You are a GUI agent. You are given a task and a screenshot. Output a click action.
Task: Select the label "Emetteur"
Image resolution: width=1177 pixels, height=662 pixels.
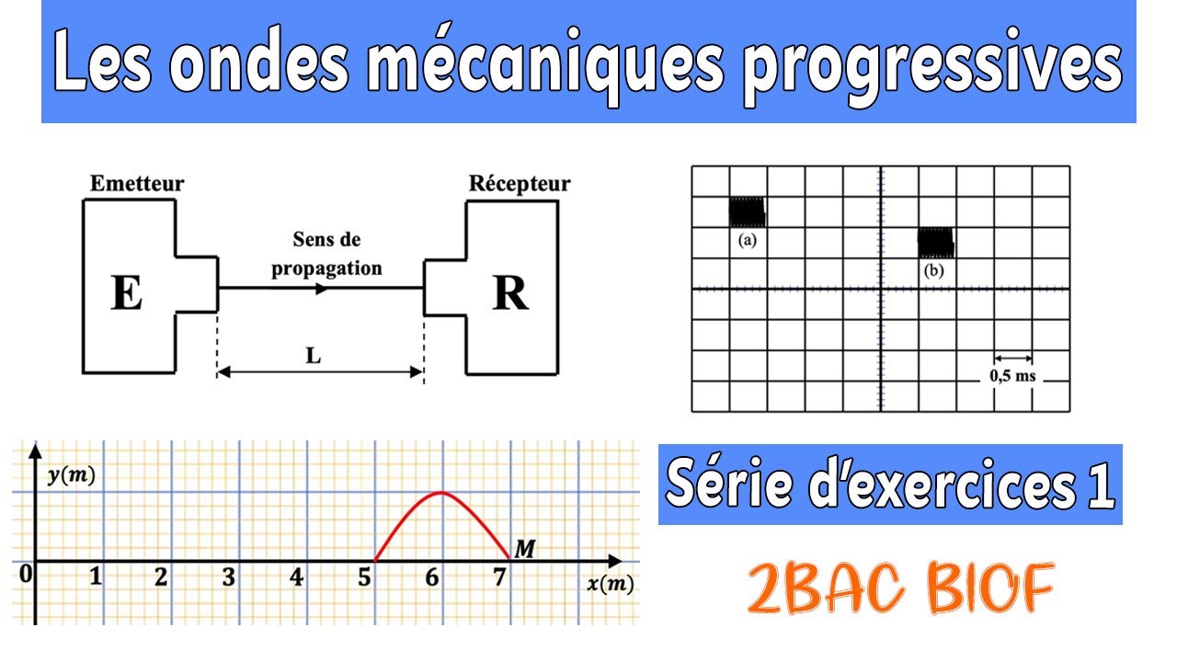tap(137, 184)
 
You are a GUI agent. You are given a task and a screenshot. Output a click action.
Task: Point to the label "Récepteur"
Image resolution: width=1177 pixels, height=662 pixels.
tap(520, 184)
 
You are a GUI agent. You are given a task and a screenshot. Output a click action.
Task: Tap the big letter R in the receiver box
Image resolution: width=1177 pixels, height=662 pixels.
tap(510, 293)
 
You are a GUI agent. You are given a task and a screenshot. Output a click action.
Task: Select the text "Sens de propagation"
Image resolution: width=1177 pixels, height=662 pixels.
tap(326, 254)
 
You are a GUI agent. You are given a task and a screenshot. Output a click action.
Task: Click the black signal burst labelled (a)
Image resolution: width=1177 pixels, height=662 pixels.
tap(747, 212)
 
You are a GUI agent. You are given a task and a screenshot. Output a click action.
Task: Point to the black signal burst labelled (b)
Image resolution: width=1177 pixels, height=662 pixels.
tap(936, 244)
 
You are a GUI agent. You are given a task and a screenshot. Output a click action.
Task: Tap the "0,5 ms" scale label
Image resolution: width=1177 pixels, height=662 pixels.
tap(1011, 375)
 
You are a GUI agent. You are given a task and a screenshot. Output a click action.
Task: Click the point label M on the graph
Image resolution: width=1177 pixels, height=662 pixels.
tap(525, 550)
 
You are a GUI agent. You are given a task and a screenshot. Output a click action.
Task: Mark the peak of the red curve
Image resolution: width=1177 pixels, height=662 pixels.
tap(442, 493)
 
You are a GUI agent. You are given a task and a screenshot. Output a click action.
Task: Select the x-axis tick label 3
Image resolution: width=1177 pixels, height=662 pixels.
tap(228, 578)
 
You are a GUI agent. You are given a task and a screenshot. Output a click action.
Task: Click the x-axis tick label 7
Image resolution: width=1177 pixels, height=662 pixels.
tap(498, 578)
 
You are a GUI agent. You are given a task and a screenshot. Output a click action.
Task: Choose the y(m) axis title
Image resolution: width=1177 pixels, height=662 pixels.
tap(72, 476)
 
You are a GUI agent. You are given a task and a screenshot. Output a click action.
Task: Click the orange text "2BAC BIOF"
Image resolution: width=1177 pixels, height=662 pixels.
tap(899, 590)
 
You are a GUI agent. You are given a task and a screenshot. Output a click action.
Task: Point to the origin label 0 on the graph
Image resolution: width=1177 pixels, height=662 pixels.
tap(26, 575)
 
